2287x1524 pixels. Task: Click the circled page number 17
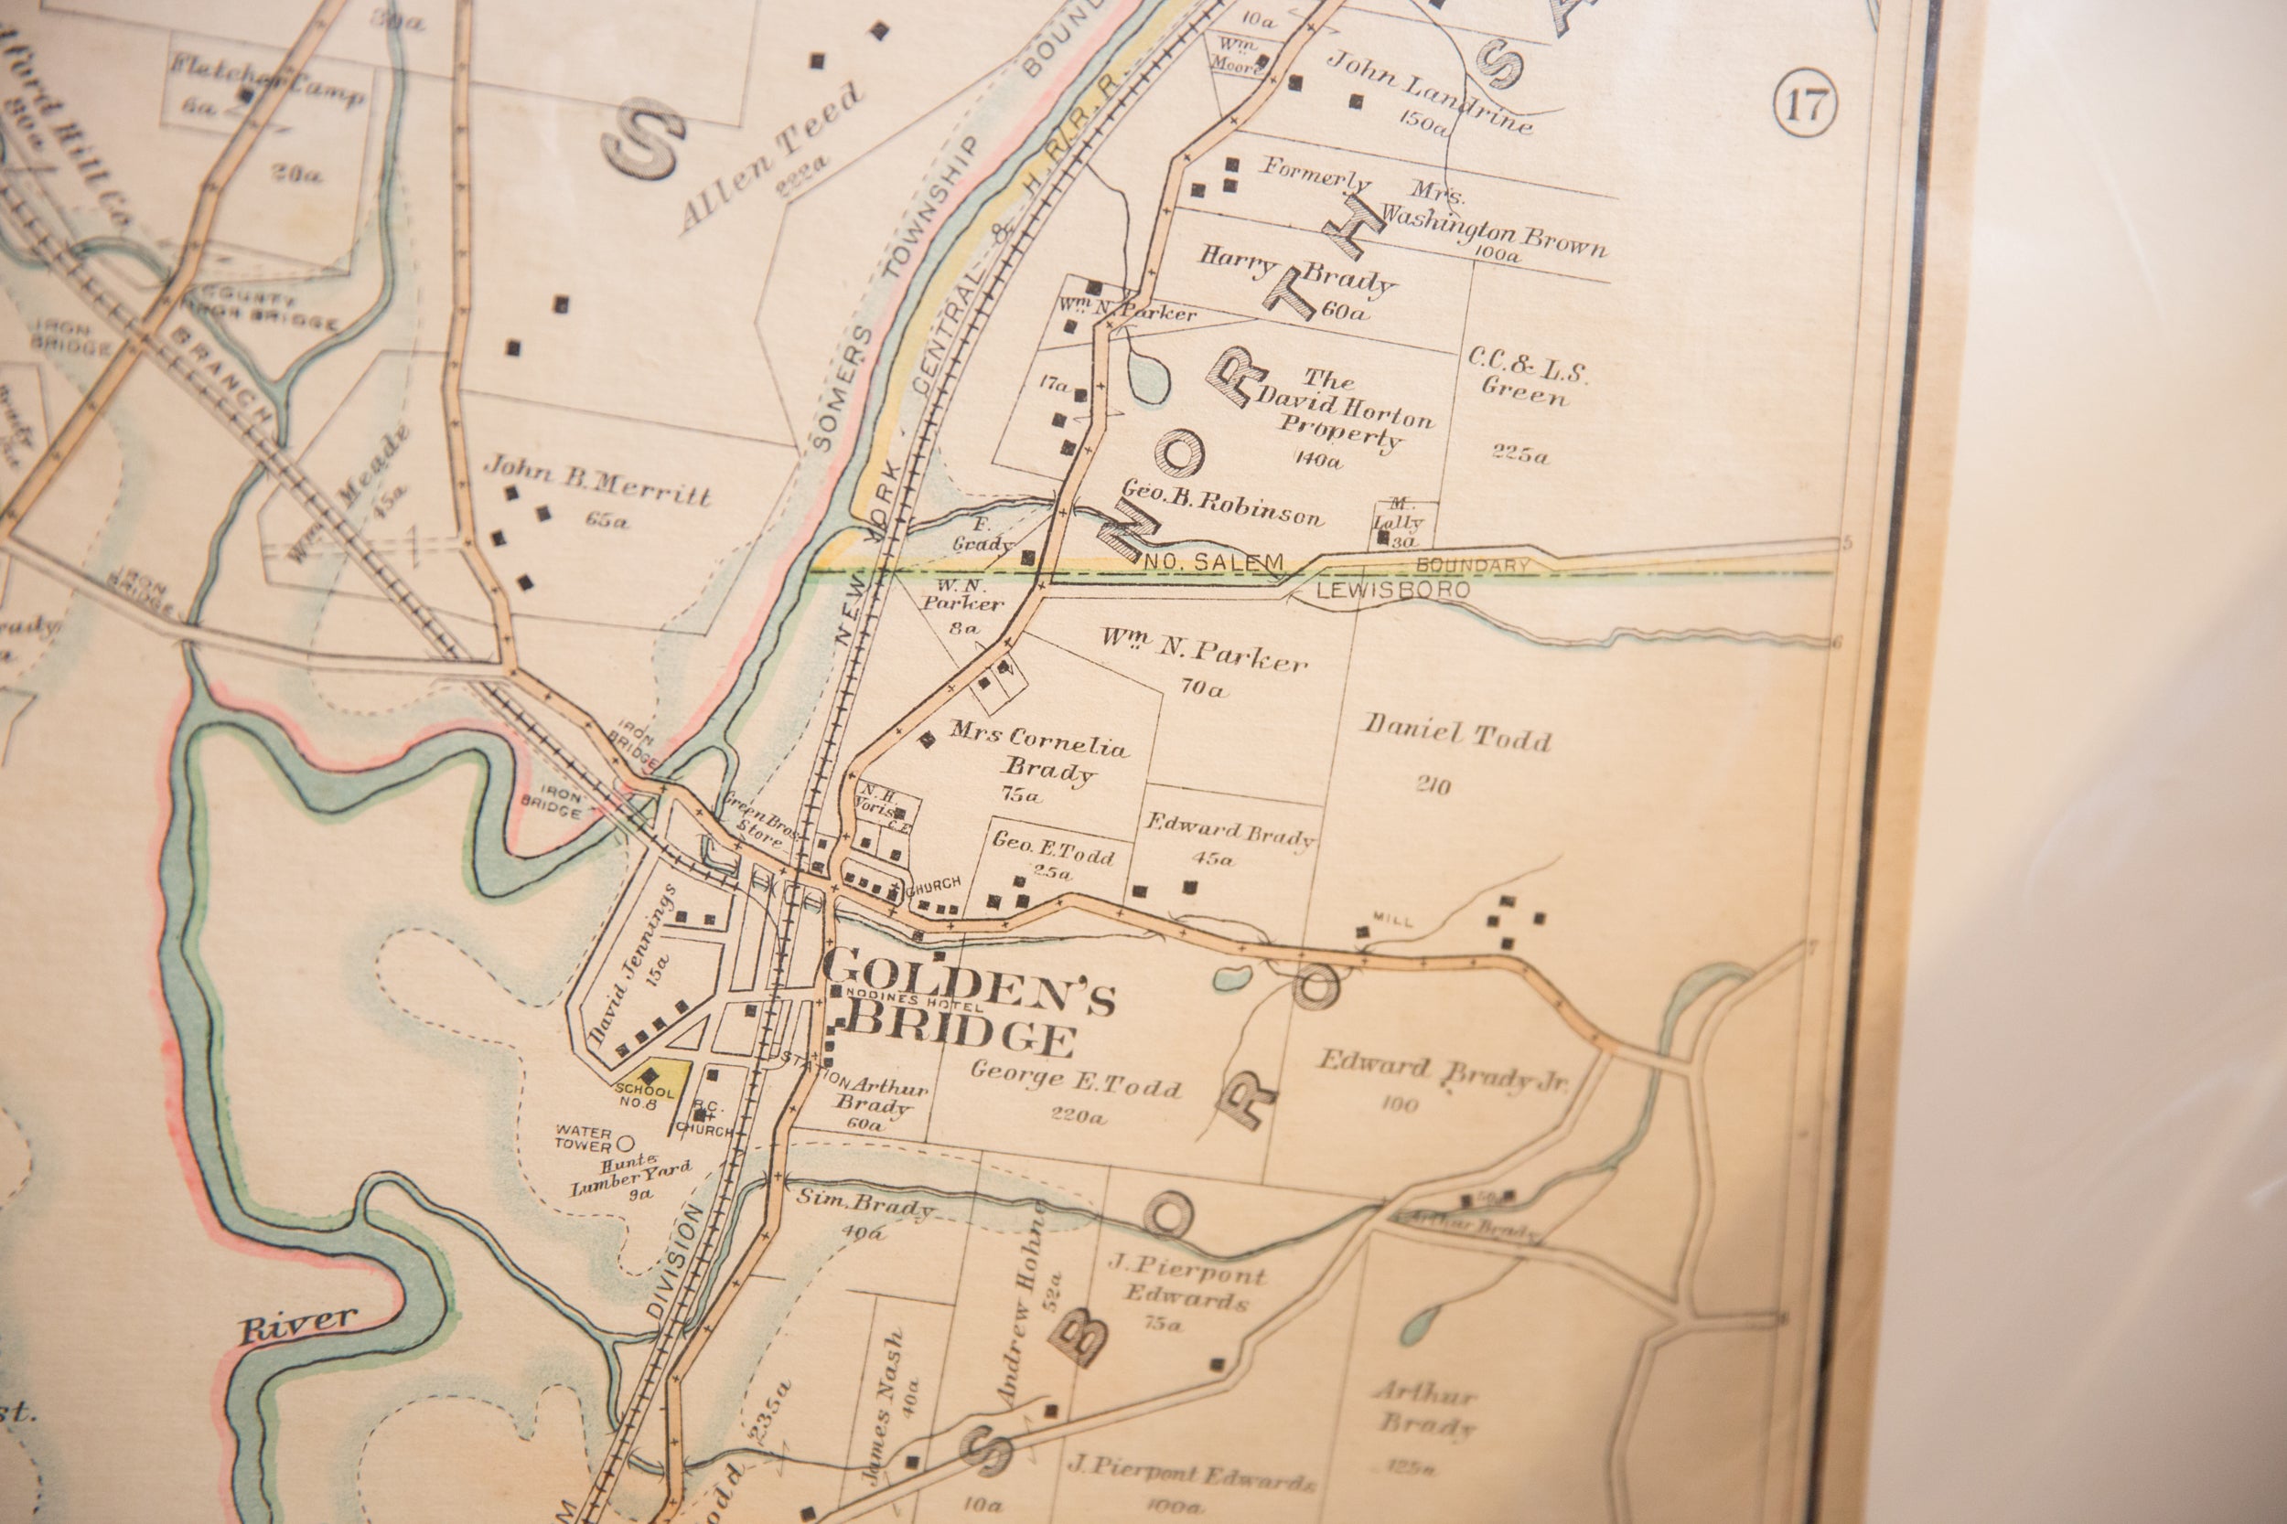click(1806, 105)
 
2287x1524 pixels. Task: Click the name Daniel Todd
click(1455, 736)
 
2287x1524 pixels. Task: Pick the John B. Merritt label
click(597, 482)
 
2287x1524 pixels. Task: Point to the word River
click(297, 1324)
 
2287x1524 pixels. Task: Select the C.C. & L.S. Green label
click(1527, 384)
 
